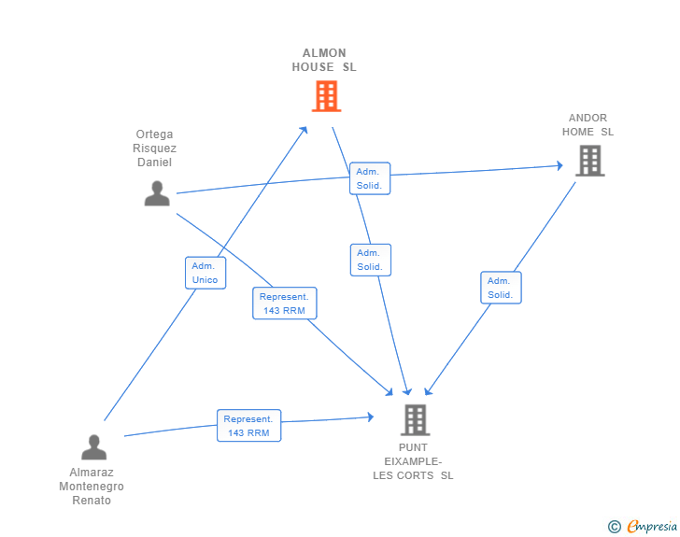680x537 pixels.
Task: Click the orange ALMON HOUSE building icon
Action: (326, 96)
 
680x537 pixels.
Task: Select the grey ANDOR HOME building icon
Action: (589, 161)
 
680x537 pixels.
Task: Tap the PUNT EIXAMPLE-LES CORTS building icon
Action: (415, 420)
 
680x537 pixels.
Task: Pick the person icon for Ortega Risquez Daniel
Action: (157, 193)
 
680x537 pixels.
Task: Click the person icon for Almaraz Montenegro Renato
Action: (93, 447)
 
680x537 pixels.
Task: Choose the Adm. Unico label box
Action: (205, 273)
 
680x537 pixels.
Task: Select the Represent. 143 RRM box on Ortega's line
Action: (285, 304)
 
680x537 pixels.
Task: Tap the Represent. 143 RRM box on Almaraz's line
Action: (248, 426)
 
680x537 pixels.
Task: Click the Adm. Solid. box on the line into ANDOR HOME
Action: (370, 178)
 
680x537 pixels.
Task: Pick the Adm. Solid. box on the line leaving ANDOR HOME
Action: (501, 288)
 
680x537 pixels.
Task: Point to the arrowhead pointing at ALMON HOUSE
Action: (304, 130)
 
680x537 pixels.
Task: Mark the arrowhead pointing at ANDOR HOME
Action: (560, 165)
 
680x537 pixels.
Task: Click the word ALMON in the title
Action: (324, 53)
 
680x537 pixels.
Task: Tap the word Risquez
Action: (154, 148)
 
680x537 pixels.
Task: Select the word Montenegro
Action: (92, 487)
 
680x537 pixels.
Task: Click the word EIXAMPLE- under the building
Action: (413, 461)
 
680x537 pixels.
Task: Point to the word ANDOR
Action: (588, 118)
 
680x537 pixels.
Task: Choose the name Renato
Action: (92, 501)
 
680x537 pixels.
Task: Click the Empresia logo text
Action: (652, 526)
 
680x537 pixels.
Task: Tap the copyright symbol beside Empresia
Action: (615, 527)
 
